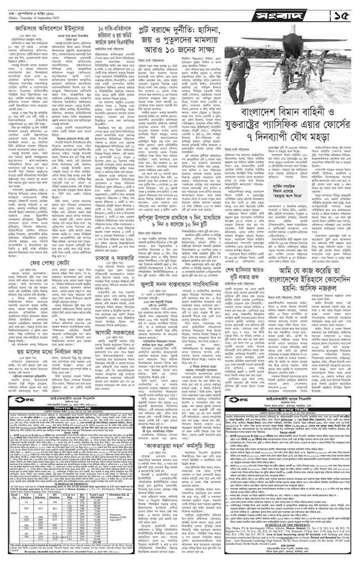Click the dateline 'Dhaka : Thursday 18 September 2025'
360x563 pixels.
click(x=33, y=13)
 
